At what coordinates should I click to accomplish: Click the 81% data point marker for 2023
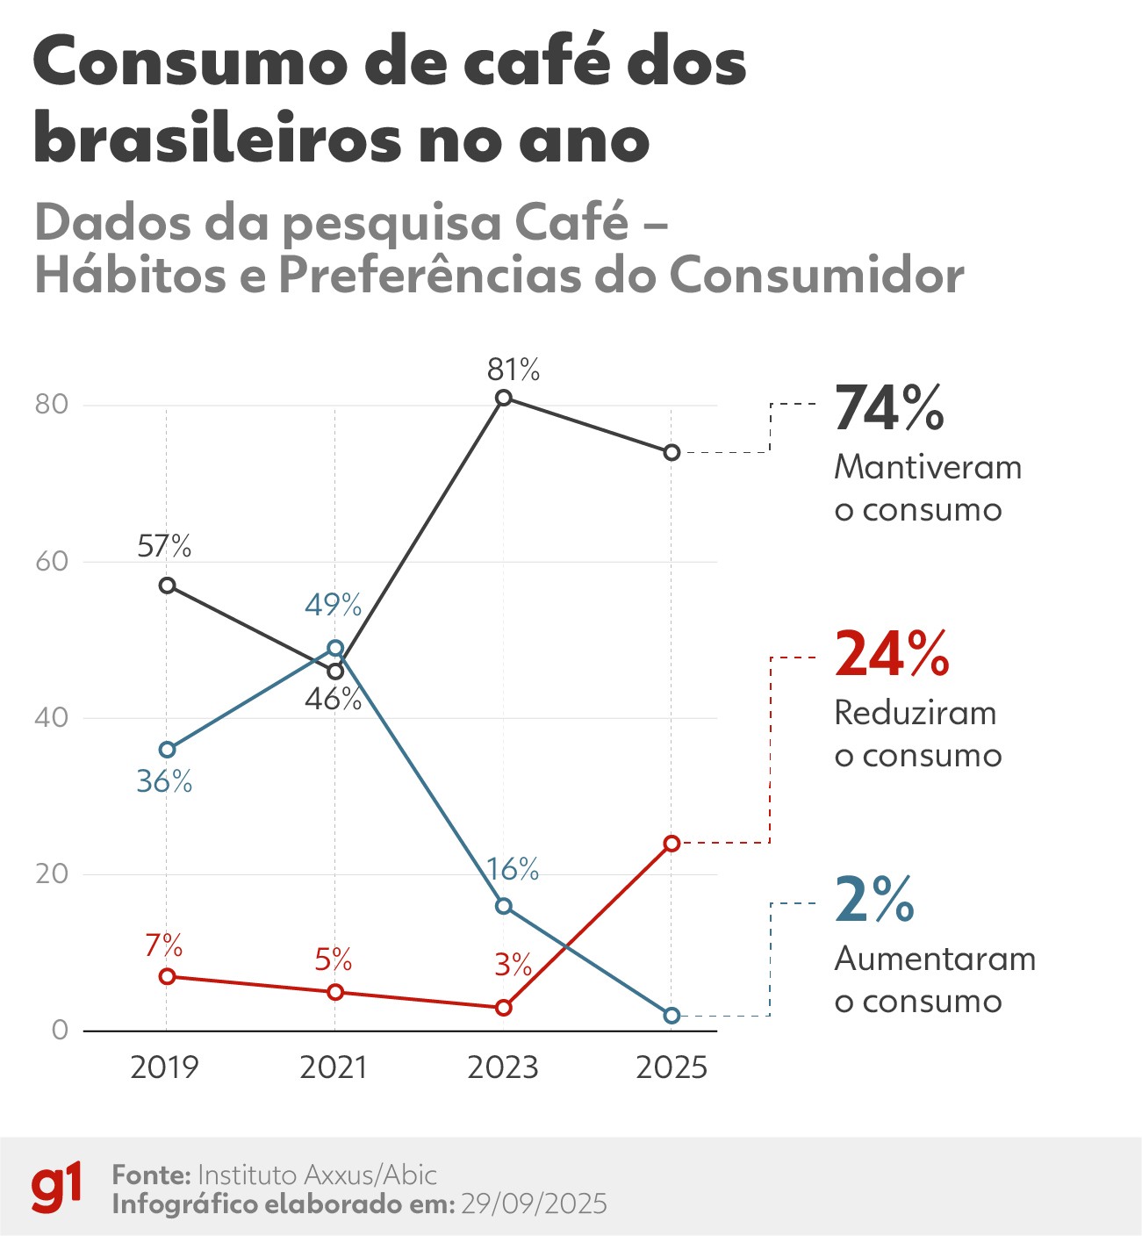tap(503, 398)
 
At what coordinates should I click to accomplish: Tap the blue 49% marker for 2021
tap(335, 649)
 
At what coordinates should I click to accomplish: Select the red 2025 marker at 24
tap(672, 844)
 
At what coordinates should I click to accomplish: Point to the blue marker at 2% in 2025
tap(672, 1016)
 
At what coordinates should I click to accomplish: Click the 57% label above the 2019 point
tap(164, 547)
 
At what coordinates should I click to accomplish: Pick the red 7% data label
tap(164, 945)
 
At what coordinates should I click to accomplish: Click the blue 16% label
tap(513, 869)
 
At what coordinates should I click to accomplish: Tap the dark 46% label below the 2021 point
tap(334, 700)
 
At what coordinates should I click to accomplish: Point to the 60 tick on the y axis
tap(52, 562)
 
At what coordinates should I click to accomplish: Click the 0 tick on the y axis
tap(60, 1031)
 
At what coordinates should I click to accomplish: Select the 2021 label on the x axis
tap(334, 1068)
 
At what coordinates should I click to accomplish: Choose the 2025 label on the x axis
tap(672, 1068)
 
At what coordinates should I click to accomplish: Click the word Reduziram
tap(916, 713)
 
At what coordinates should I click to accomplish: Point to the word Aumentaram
tap(935, 959)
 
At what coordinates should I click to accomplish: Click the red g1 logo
tap(57, 1189)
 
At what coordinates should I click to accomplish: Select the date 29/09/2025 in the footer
tap(534, 1204)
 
